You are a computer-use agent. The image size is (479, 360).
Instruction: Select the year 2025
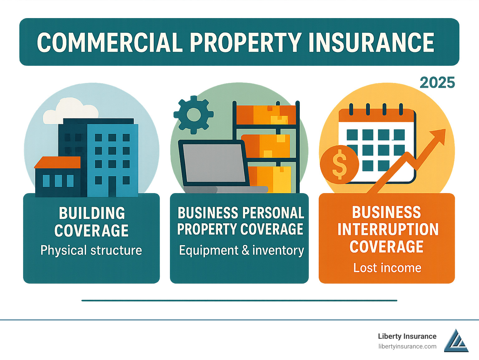(x=437, y=83)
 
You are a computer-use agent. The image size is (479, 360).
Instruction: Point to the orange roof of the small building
(x=57, y=162)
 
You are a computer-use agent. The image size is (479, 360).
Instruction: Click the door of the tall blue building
(x=112, y=186)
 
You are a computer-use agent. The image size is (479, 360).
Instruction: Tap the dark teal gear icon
(x=194, y=114)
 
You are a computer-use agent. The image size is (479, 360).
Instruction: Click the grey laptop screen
(x=214, y=163)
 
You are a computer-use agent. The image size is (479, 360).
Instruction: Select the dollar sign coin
(x=339, y=164)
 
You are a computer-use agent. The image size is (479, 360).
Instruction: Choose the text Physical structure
(x=91, y=250)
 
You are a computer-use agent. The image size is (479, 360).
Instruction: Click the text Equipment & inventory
(x=241, y=251)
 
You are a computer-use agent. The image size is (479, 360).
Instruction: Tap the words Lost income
(x=387, y=268)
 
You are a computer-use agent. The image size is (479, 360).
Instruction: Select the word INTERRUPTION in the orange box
(x=388, y=229)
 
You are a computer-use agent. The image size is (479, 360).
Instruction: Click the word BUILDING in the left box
(x=92, y=213)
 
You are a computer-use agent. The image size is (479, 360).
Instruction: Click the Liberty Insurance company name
(x=407, y=336)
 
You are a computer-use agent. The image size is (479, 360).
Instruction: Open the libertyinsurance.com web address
(x=407, y=347)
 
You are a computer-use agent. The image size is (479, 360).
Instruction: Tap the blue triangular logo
(x=456, y=341)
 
